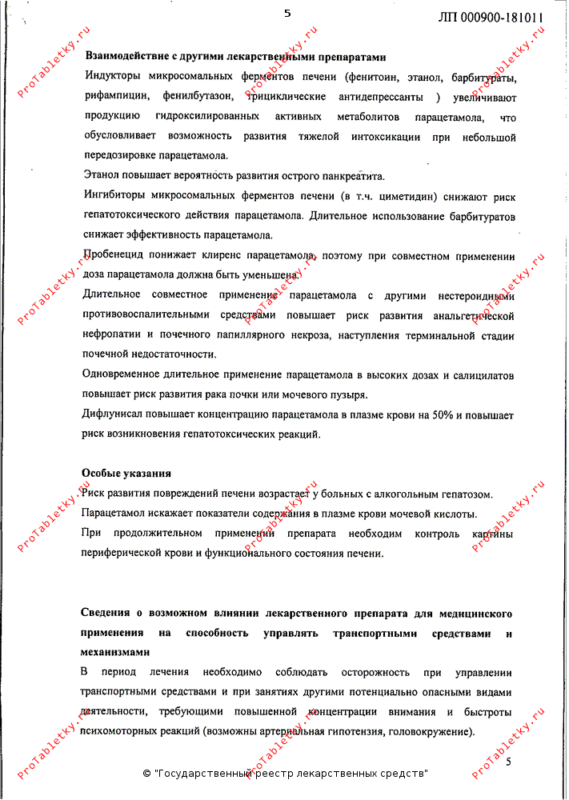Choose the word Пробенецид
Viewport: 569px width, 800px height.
point(114,257)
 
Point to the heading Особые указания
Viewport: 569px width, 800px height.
point(126,474)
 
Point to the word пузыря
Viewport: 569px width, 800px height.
point(348,395)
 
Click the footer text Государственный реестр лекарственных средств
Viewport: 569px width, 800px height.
point(288,774)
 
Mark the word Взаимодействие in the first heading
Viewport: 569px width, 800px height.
point(124,58)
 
